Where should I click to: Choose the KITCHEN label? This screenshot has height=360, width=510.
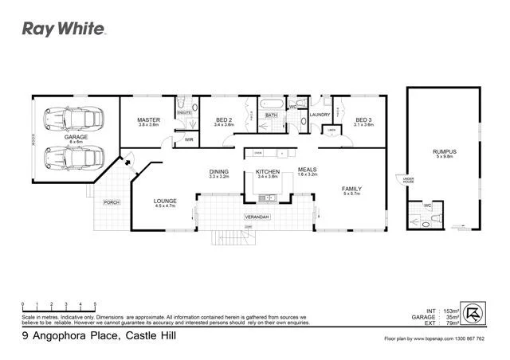pyautogui.click(x=267, y=171)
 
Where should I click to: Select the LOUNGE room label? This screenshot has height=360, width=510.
pyautogui.click(x=166, y=200)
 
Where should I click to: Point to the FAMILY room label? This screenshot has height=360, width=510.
pyautogui.click(x=352, y=188)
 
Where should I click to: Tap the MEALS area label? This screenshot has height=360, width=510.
pyautogui.click(x=308, y=169)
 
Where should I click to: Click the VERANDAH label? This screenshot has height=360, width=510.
pyautogui.click(x=255, y=217)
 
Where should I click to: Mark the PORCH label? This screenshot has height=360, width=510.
pyautogui.click(x=112, y=202)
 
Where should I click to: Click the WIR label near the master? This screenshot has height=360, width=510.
pyautogui.click(x=189, y=139)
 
